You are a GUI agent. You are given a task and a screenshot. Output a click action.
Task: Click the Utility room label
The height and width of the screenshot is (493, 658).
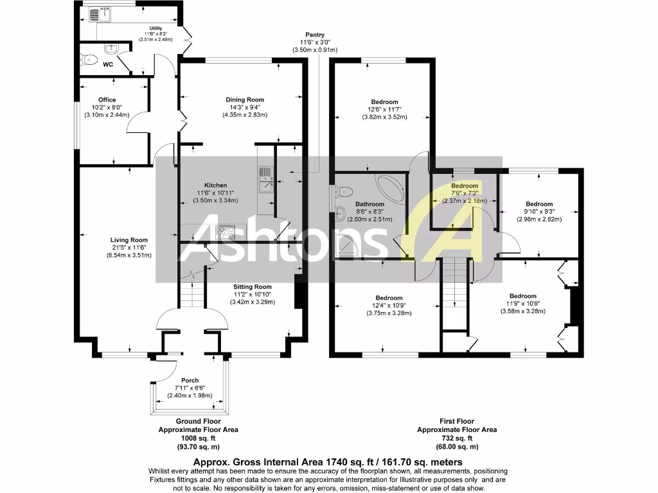click(x=156, y=28)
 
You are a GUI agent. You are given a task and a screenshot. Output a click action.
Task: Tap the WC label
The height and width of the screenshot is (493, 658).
click(x=108, y=65)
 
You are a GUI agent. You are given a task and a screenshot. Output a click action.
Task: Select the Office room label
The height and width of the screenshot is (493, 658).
click(x=107, y=99)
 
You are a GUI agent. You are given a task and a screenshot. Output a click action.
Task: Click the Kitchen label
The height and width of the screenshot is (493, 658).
click(x=215, y=185)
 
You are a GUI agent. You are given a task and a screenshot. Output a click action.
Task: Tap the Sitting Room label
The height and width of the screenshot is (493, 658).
click(x=253, y=286)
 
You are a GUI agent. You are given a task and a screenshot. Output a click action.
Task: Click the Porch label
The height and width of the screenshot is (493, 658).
click(x=190, y=380)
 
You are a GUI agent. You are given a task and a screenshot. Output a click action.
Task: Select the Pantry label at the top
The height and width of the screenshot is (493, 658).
click(x=315, y=35)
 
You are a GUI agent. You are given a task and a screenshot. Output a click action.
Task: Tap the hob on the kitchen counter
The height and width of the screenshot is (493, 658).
click(x=226, y=231)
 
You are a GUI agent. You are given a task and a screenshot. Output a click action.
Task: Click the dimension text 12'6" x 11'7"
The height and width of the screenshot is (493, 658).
click(x=384, y=110)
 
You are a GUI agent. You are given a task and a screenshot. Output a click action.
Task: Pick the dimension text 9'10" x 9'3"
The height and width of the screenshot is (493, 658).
click(x=539, y=211)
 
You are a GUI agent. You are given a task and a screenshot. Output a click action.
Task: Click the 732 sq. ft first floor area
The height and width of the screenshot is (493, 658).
click(x=457, y=438)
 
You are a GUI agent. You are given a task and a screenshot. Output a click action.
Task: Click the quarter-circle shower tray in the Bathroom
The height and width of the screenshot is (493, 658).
click(x=347, y=244)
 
